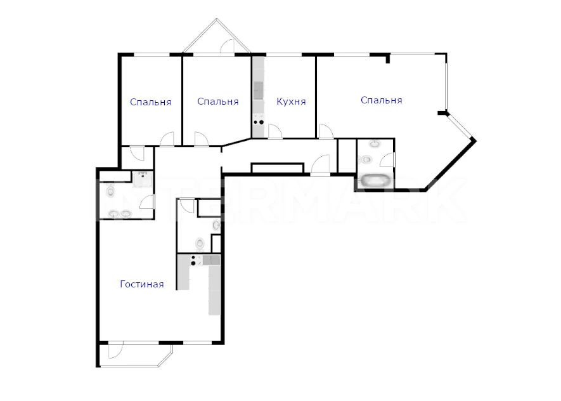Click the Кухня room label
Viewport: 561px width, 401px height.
click(291, 102)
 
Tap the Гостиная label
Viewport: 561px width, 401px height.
click(142, 284)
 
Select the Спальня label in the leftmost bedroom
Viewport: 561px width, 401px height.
click(151, 102)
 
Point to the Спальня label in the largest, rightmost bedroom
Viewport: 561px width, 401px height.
click(381, 101)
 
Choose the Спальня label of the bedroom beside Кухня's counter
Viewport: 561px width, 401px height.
click(217, 102)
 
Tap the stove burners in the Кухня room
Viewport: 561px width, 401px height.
click(259, 119)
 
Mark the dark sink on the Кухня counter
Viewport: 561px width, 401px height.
click(259, 91)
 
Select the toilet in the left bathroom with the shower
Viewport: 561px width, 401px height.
click(110, 192)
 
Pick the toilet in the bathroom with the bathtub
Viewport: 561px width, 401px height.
click(366, 159)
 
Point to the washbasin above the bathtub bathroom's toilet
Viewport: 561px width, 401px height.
click(375, 144)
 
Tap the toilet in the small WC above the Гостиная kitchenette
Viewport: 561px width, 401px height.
click(200, 244)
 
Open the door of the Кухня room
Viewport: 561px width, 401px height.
click(274, 131)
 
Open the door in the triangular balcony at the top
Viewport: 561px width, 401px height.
click(227, 46)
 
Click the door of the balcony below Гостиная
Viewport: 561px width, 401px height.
click(115, 351)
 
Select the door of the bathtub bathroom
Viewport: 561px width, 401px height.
click(387, 160)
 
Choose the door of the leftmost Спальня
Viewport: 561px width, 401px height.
click(167, 139)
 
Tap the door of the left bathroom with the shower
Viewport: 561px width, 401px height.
click(146, 202)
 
